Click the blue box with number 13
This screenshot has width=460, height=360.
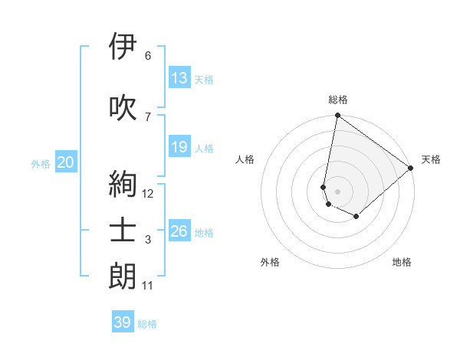[x=179, y=78]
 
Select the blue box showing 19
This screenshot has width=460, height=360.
[x=179, y=147]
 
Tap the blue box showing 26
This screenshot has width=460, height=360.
[x=179, y=231]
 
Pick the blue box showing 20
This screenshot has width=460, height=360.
[x=65, y=162]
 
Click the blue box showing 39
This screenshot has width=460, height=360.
[x=122, y=322]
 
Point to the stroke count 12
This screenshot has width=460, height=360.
[x=148, y=194]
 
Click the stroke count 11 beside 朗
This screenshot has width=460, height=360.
[x=148, y=286]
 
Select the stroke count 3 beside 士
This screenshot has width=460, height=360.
[x=148, y=241]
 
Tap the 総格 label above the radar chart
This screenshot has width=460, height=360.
[x=338, y=100]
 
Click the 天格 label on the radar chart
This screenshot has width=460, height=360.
[x=431, y=159]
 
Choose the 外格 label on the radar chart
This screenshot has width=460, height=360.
[x=270, y=262]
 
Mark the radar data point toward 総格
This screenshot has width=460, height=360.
[x=337, y=116]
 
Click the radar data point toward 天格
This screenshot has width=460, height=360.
[x=411, y=169]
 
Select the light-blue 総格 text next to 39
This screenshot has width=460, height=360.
[x=147, y=324]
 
